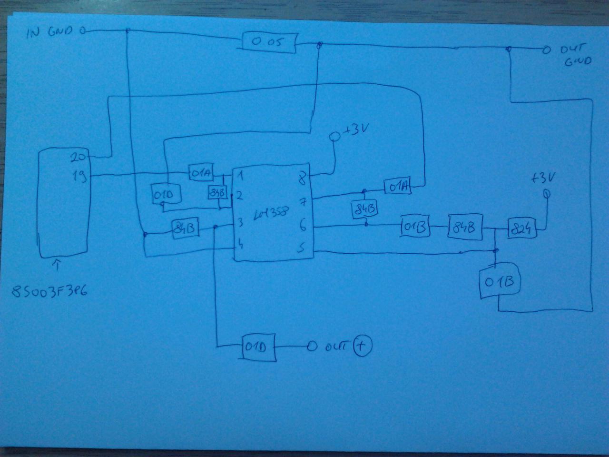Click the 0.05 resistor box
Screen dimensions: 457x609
(270, 41)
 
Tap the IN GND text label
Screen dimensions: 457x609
(49, 32)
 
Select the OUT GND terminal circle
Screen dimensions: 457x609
(546, 49)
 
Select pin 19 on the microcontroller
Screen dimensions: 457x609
(79, 177)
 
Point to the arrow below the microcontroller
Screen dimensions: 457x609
(57, 265)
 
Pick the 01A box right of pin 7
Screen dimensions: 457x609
(398, 187)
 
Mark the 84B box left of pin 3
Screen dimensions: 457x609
(186, 229)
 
